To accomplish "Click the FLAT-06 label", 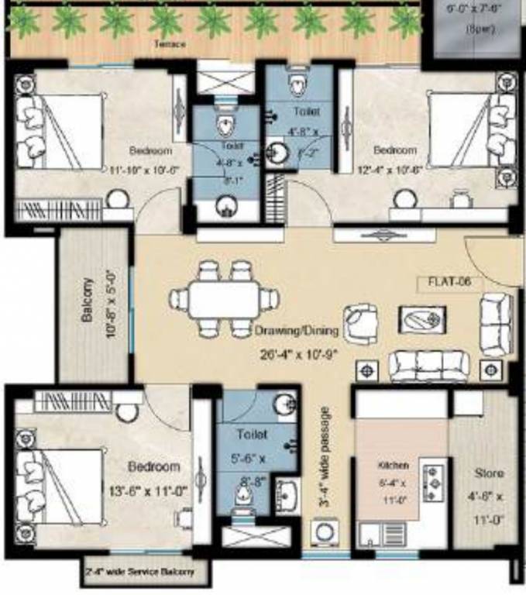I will (445, 283).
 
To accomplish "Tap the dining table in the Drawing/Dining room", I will (225, 298).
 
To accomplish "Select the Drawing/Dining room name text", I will (297, 332).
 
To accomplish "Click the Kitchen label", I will (388, 466).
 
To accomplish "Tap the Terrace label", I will (170, 45).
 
